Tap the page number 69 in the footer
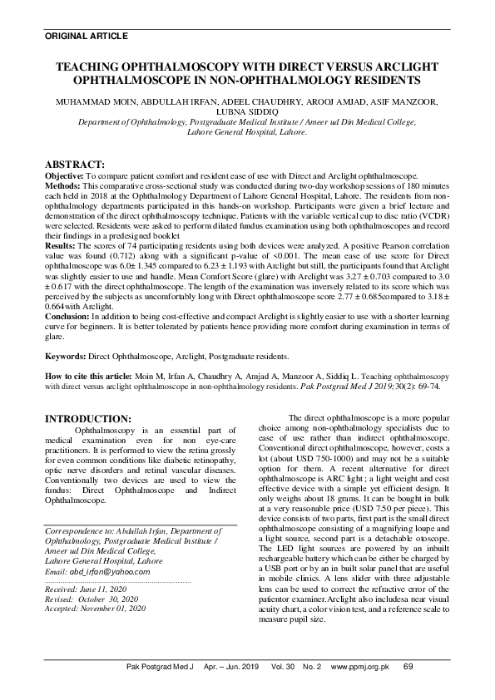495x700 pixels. click(408, 689)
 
